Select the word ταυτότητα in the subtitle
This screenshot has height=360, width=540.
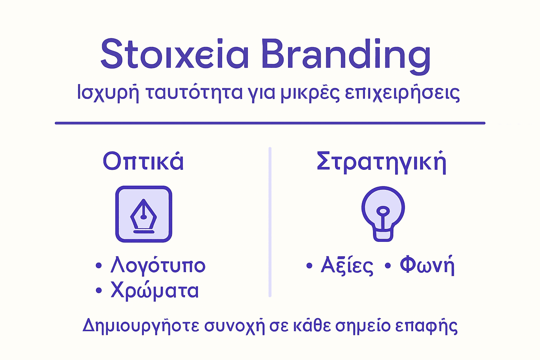[x=194, y=93]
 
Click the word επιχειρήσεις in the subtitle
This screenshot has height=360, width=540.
[x=402, y=93]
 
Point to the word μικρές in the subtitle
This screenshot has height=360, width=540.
[x=310, y=93]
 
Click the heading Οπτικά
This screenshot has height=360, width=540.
[x=143, y=161]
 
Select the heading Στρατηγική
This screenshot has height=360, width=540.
[x=381, y=162]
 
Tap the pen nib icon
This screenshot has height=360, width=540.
[x=143, y=214]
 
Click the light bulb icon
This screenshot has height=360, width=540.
[x=383, y=213]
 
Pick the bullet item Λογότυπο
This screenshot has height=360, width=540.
[x=158, y=265]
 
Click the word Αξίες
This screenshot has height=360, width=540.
[x=347, y=266]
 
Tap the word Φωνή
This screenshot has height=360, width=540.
[x=427, y=265]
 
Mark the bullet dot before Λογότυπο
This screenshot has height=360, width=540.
[x=99, y=265]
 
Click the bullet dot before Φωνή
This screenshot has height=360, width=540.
[x=388, y=265]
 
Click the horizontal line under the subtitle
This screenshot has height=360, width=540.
[x=270, y=123]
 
